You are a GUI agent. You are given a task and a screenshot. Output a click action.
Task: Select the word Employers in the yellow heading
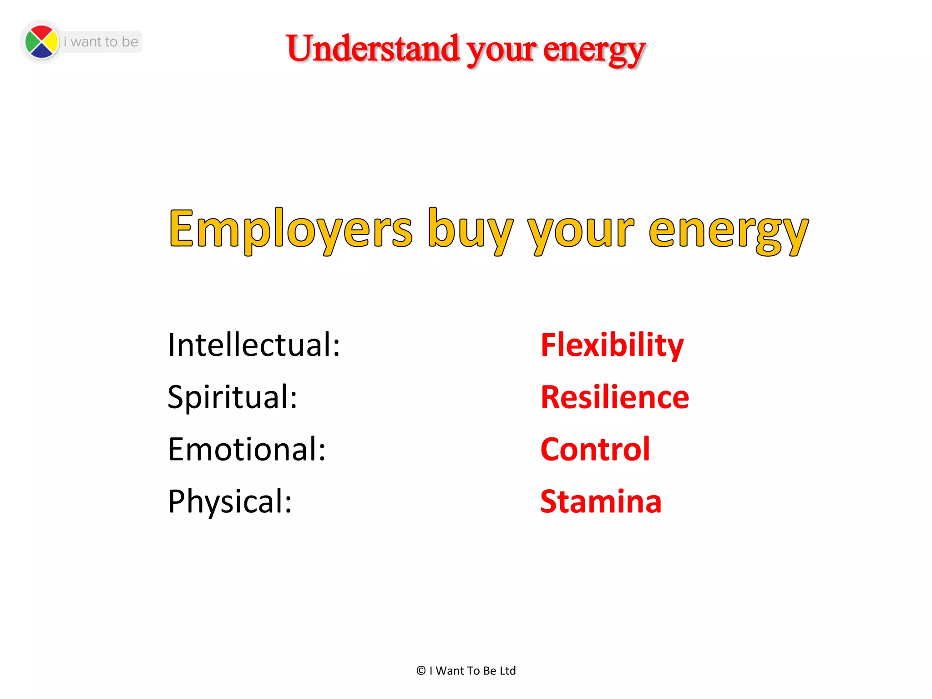click(290, 230)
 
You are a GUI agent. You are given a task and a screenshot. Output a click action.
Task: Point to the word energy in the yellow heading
click(728, 232)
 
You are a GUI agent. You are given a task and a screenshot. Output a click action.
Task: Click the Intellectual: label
click(253, 345)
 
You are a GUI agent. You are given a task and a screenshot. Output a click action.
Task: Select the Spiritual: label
click(232, 397)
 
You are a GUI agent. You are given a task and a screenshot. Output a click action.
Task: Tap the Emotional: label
click(247, 450)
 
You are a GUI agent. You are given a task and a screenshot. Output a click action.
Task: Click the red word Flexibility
click(612, 345)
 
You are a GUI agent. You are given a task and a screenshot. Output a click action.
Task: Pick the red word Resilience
click(614, 397)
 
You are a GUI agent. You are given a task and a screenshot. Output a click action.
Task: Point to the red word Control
click(595, 450)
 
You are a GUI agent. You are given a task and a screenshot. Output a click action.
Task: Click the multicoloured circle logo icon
click(41, 42)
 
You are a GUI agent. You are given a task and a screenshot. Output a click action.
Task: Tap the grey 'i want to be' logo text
click(101, 42)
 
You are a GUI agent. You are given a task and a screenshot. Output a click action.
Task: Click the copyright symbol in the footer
click(421, 671)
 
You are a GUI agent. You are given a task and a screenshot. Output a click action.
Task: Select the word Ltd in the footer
click(507, 671)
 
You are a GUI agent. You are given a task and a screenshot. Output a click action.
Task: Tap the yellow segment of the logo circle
click(51, 42)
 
